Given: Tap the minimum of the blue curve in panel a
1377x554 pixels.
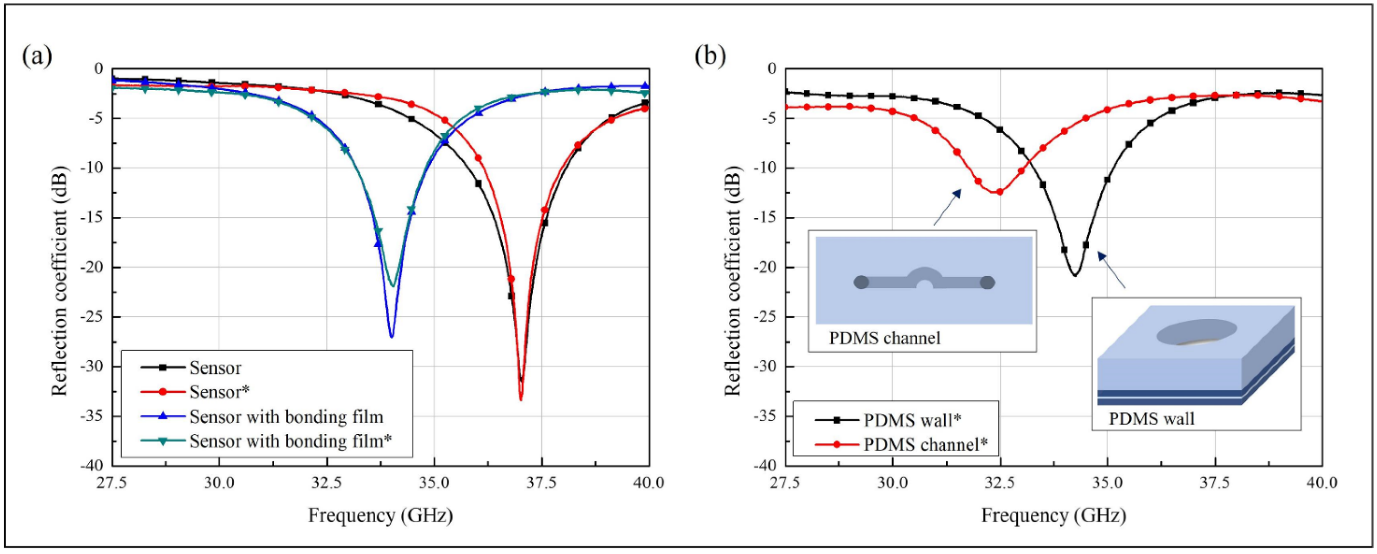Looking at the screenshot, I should click(x=391, y=337).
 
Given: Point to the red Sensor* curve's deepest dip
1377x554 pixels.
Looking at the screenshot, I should click(x=521, y=399).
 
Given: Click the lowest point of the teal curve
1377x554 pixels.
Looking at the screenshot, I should click(x=393, y=286).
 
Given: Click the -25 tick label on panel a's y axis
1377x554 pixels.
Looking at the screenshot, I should click(x=91, y=317).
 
